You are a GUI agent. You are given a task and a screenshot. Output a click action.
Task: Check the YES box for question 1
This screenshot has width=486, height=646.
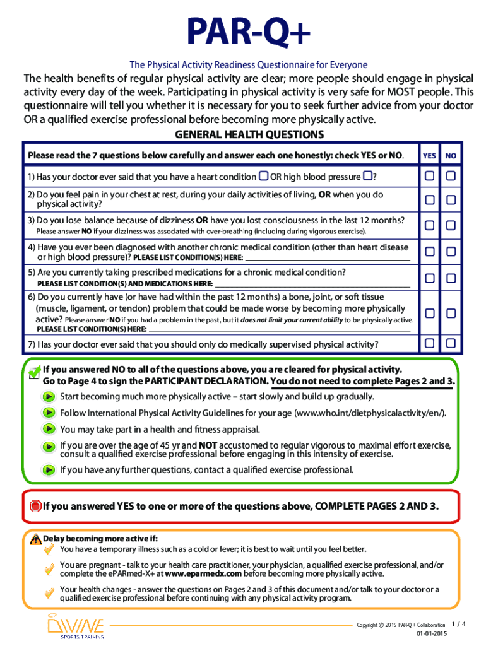click(429, 175)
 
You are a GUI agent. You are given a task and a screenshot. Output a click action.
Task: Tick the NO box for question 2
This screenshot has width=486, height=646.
click(451, 200)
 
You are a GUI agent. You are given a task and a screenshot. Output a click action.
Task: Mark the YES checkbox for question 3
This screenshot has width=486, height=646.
click(429, 225)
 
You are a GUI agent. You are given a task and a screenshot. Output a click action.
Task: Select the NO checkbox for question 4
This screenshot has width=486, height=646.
click(451, 252)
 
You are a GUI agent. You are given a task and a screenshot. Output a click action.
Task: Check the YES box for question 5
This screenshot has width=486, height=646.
click(429, 278)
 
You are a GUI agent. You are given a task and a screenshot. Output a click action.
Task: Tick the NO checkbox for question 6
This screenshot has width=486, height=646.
click(451, 313)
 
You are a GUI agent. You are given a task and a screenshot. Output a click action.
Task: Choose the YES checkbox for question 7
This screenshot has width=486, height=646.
click(429, 343)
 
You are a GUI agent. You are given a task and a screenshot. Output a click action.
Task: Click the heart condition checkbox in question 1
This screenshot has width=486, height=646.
click(263, 176)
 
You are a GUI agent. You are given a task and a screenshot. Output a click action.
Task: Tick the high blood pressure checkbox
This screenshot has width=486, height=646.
click(367, 176)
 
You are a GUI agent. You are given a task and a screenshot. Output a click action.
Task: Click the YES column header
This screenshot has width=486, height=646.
click(429, 155)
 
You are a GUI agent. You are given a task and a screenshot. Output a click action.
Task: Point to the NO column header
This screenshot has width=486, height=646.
click(451, 155)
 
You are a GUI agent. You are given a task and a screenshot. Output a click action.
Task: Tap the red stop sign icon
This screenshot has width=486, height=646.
click(35, 505)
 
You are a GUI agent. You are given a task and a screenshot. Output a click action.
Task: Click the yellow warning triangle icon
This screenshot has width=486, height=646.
click(35, 539)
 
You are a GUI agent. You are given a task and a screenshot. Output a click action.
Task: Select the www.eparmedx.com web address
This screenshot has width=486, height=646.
click(203, 574)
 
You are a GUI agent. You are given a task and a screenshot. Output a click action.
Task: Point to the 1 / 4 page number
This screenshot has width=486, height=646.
click(459, 624)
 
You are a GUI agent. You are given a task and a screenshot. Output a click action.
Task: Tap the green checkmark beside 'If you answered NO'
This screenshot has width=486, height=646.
click(35, 372)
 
